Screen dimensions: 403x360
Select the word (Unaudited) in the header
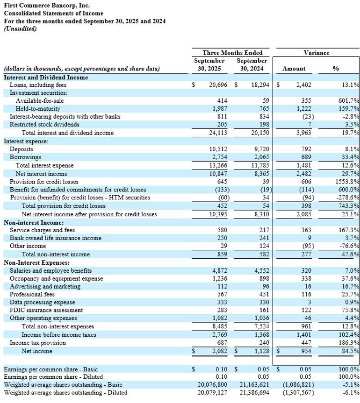(20, 28)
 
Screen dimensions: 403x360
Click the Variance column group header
(316, 53)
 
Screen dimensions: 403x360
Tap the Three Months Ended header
(232, 53)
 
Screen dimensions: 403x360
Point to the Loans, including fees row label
(38, 85)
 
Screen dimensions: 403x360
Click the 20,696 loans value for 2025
(217, 85)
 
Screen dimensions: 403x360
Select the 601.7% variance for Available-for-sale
(349, 101)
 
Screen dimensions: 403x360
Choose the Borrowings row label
(25, 157)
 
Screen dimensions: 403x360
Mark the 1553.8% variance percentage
(348, 181)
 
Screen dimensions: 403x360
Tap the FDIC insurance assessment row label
(46, 310)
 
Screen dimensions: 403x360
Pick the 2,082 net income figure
(219, 351)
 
